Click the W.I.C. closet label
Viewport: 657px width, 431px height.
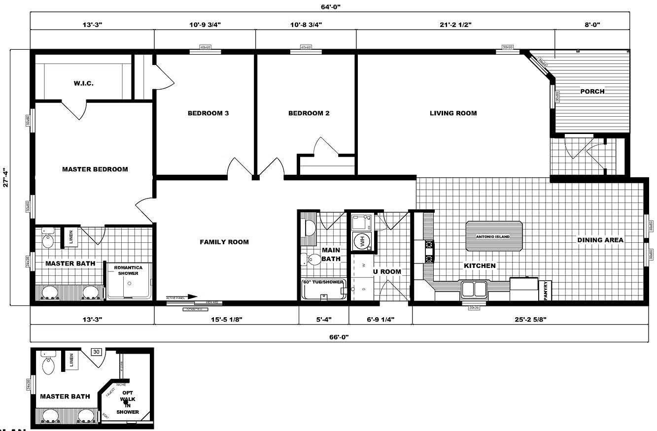pos(84,83)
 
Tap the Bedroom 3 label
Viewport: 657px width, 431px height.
pos(208,113)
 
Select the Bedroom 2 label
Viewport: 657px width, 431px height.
pos(309,113)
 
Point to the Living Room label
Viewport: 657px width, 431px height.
pos(453,113)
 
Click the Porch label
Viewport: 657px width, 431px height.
pos(592,91)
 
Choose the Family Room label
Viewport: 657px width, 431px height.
pos(224,242)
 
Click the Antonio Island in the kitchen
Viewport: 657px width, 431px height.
pos(493,236)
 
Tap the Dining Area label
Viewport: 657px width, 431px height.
pos(600,240)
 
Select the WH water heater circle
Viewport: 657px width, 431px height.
pos(362,241)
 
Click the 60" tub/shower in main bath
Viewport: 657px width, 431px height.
pos(324,289)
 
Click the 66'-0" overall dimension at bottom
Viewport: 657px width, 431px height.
pos(338,337)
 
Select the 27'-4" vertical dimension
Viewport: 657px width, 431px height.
pos(6,178)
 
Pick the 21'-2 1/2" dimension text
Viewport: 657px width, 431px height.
pos(455,24)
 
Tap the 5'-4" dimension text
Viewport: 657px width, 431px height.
pos(323,319)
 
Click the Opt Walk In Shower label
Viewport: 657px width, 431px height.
pos(128,402)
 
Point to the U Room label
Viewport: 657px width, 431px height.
pos(386,271)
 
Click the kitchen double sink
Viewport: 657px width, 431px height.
pos(474,288)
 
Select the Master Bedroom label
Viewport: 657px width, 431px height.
pos(95,169)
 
